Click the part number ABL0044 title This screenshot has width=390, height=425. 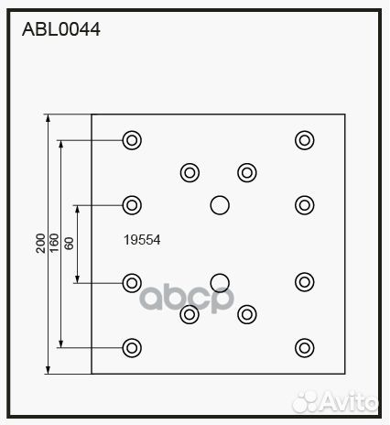[x=61, y=29]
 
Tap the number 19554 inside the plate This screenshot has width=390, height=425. [x=142, y=240]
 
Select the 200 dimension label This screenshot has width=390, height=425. [x=40, y=244]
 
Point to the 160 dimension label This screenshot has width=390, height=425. [x=54, y=243]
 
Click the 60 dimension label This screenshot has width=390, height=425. [x=70, y=244]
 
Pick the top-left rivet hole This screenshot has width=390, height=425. [x=132, y=140]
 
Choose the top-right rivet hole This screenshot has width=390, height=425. [x=305, y=140]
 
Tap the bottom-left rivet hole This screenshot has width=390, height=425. [x=132, y=348]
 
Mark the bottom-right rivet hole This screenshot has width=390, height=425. [x=305, y=348]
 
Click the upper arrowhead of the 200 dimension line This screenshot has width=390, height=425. [x=48, y=118]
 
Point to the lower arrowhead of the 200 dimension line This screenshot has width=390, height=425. [x=48, y=370]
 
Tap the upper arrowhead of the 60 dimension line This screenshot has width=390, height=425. [x=78, y=209]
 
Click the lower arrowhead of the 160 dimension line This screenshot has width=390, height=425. [x=61, y=343]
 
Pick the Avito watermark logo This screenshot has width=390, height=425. [x=335, y=400]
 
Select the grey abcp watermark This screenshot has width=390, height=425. [x=187, y=298]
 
